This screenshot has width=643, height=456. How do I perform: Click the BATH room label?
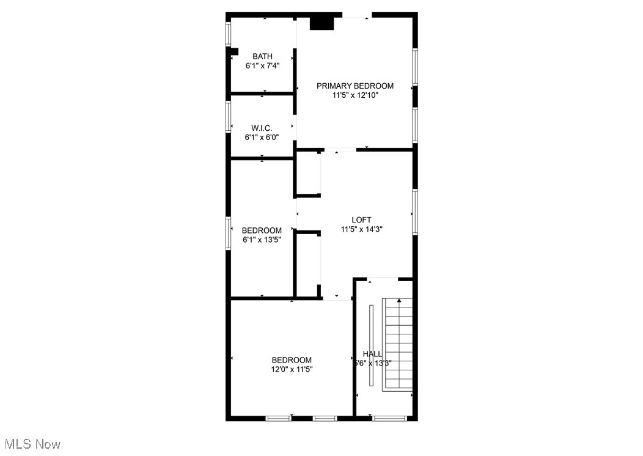pyautogui.click(x=263, y=56)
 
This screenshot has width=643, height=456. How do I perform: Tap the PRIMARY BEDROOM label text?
pyautogui.click(x=355, y=86)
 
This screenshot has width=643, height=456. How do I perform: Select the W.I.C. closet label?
pyautogui.click(x=262, y=128)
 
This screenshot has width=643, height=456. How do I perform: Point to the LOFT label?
pyautogui.click(x=361, y=220)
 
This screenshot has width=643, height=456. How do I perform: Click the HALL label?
pyautogui.click(x=372, y=354)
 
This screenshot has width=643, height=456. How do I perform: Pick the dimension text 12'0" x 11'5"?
pyautogui.click(x=292, y=369)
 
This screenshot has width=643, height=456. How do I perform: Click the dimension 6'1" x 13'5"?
pyautogui.click(x=262, y=240)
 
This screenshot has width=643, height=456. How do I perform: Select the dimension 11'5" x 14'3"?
pyautogui.click(x=361, y=229)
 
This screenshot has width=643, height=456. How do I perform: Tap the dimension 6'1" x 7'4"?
pyautogui.click(x=263, y=65)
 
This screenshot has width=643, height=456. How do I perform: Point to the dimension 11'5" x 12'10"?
pyautogui.click(x=355, y=95)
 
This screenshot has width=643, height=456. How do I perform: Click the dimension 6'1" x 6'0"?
pyautogui.click(x=262, y=137)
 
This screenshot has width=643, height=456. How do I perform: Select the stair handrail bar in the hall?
pyautogui.click(x=371, y=345)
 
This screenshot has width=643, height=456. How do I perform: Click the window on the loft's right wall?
pyautogui.click(x=415, y=211)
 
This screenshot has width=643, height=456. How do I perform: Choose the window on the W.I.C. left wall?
pyautogui.click(x=229, y=116)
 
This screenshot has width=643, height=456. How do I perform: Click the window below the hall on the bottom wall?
pyautogui.click(x=389, y=418)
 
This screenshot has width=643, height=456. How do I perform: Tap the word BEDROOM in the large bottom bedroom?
pyautogui.click(x=292, y=360)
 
